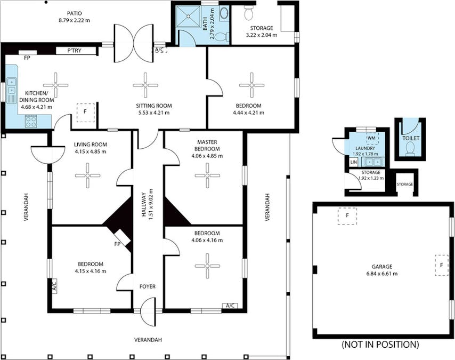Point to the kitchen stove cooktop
(30, 121)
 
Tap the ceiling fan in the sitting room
(145, 85)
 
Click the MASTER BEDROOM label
(206, 145)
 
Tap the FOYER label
(148, 286)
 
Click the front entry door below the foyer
(148, 313)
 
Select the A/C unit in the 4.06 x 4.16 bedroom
(230, 306)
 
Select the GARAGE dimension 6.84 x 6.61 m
(382, 274)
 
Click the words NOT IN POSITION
(379, 345)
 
